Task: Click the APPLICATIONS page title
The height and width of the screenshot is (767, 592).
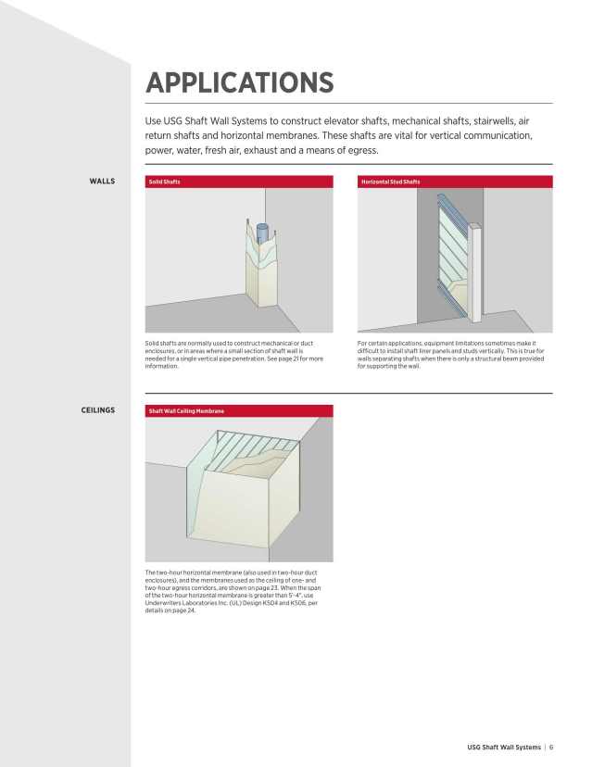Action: pyautogui.click(x=239, y=82)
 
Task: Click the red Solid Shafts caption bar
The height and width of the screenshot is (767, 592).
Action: pyautogui.click(x=238, y=182)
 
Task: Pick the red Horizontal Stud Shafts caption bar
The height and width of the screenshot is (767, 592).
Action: pyautogui.click(x=454, y=182)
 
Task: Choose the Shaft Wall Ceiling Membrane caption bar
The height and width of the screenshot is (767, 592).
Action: pyautogui.click(x=238, y=410)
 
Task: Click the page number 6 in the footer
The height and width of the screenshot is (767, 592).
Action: pyautogui.click(x=551, y=748)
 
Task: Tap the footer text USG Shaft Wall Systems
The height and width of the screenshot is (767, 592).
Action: pyautogui.click(x=504, y=748)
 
